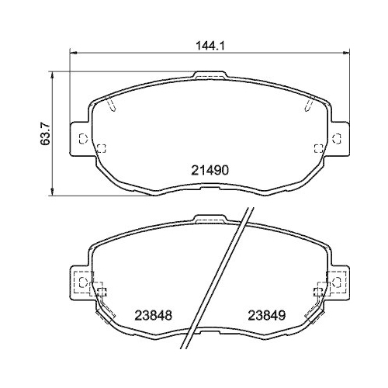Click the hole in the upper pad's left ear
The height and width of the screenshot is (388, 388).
pyautogui.click(x=81, y=139)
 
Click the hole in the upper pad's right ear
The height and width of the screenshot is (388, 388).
pyautogui.click(x=336, y=139)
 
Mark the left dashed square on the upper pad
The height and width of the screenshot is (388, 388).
pyautogui.click(x=101, y=148)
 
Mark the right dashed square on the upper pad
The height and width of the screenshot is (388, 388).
pyautogui.click(x=316, y=148)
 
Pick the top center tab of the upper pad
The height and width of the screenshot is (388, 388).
pyautogui.click(x=209, y=76)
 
